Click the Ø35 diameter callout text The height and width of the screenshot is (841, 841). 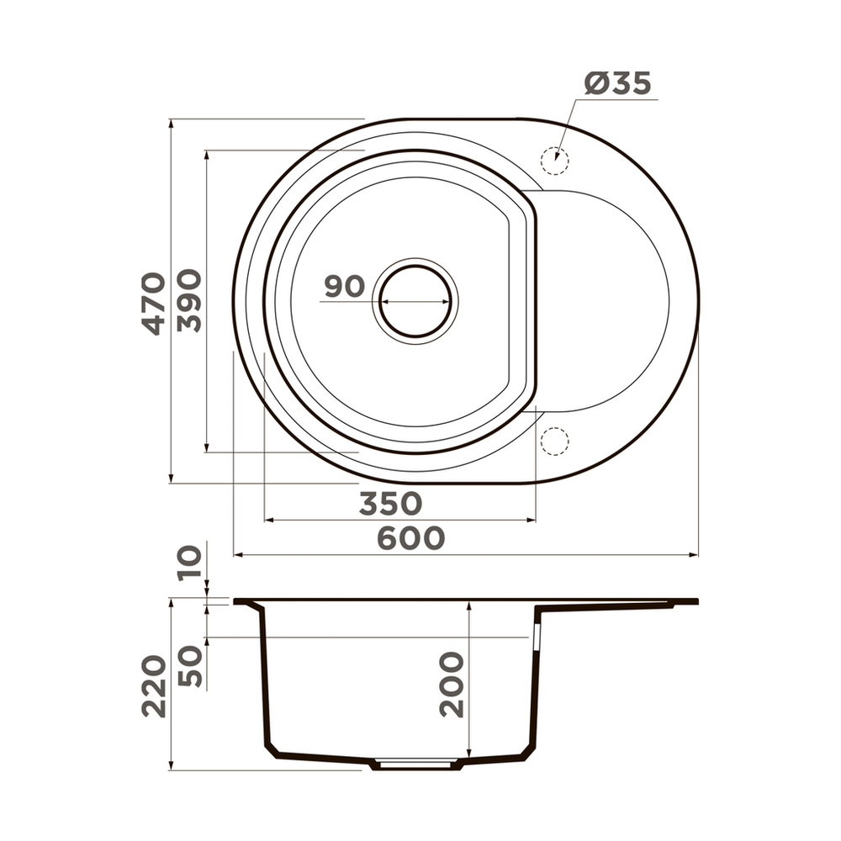(618, 84)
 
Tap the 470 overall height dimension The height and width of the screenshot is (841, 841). (152, 303)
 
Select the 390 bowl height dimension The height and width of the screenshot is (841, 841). (189, 300)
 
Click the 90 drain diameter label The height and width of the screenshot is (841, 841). (344, 286)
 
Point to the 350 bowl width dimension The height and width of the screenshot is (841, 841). (389, 504)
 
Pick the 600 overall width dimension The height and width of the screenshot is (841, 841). (410, 538)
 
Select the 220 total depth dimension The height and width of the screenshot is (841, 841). (153, 685)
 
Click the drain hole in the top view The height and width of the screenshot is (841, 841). (416, 300)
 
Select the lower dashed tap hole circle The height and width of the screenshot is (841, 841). (555, 441)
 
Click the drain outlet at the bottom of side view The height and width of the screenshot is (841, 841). (417, 764)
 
